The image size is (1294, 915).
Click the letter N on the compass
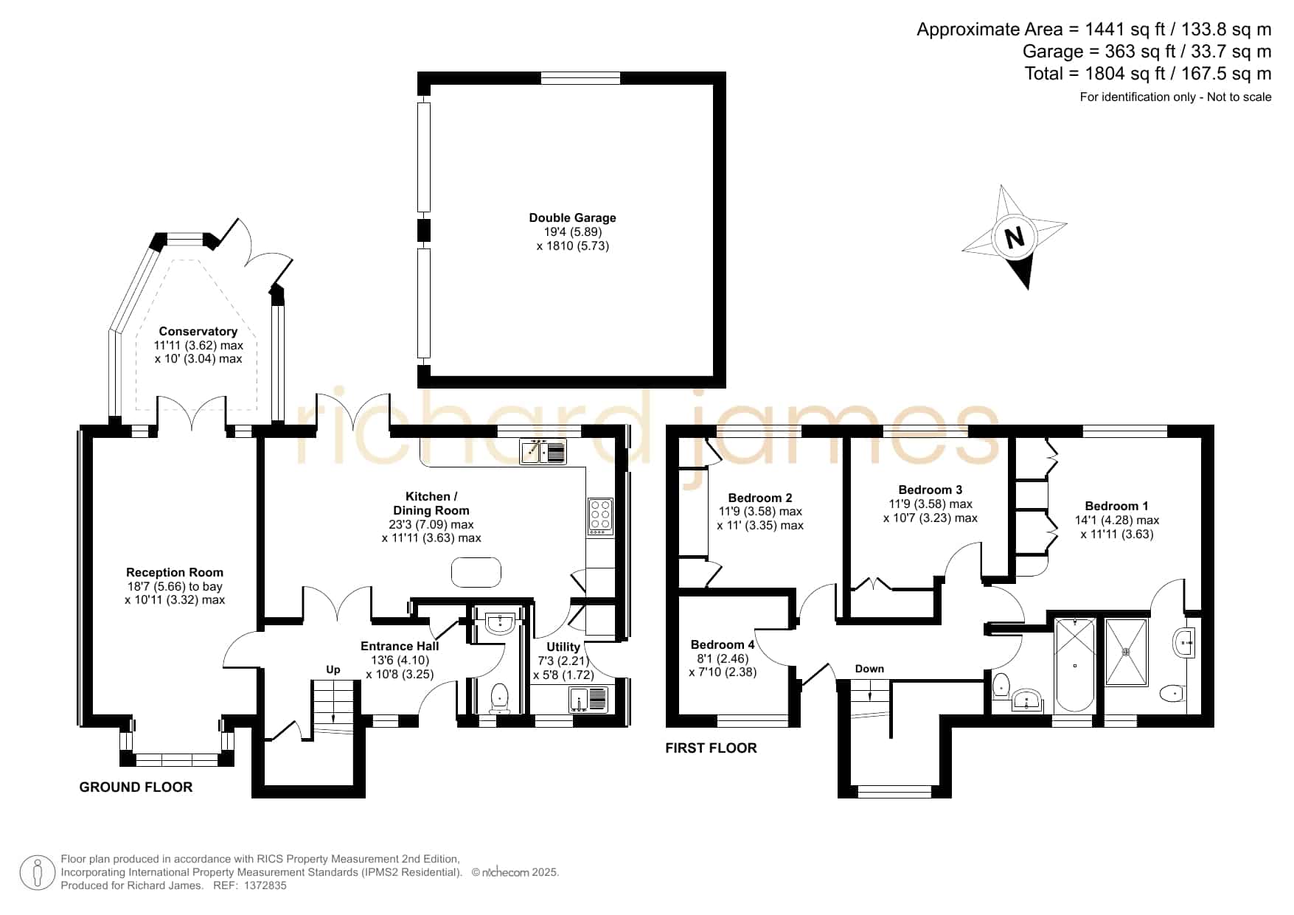(1015, 237)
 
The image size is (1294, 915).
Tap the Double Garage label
(572, 218)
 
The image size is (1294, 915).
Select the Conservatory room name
(198, 331)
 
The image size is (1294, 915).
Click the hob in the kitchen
(599, 517)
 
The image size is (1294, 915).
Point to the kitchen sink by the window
(543, 451)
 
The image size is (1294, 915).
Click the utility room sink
(589, 699)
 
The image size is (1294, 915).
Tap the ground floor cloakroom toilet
(499, 697)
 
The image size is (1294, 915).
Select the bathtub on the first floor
(1074, 665)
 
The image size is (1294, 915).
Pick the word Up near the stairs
(333, 669)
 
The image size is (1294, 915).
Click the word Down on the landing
(869, 669)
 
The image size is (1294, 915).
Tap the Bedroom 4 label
(723, 644)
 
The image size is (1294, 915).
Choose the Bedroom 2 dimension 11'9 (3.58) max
(760, 511)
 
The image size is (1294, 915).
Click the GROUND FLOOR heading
(136, 787)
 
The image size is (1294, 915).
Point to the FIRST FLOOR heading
(711, 748)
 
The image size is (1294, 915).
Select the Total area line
(1148, 74)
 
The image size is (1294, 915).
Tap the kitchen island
(476, 572)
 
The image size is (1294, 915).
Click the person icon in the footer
(37, 872)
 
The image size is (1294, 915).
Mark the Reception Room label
(175, 572)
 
